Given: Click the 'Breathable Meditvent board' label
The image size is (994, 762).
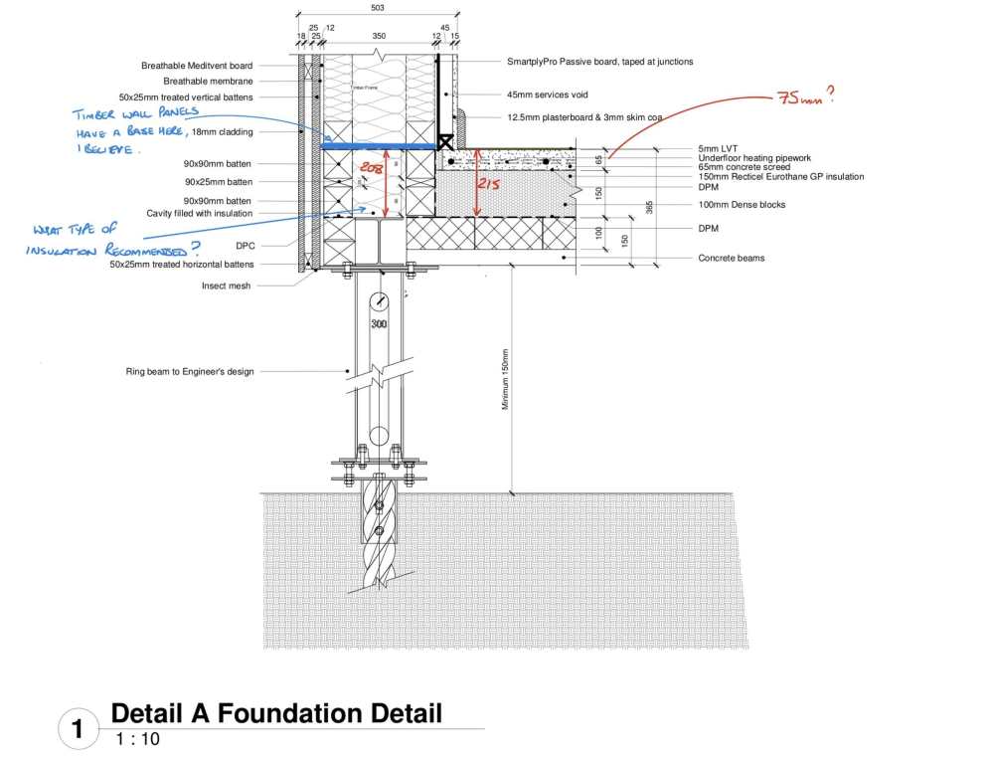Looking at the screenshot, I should click(x=197, y=66).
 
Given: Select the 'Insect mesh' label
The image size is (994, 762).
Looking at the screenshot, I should click(x=228, y=286).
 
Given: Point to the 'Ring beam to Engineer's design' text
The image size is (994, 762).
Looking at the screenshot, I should click(x=190, y=371).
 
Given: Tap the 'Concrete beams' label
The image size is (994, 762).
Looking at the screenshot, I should click(x=732, y=259).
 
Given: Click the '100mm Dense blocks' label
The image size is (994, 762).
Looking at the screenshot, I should click(x=742, y=205).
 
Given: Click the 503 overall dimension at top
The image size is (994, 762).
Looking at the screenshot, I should click(x=378, y=8).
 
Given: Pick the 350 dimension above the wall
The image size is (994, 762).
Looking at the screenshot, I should click(x=379, y=36).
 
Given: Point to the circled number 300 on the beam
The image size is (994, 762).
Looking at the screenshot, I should click(x=379, y=324).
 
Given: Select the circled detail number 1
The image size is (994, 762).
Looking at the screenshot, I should click(x=78, y=729).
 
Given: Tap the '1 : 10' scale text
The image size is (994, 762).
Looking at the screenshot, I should click(x=137, y=739).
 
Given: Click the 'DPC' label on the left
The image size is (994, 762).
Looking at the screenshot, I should click(x=244, y=245).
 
